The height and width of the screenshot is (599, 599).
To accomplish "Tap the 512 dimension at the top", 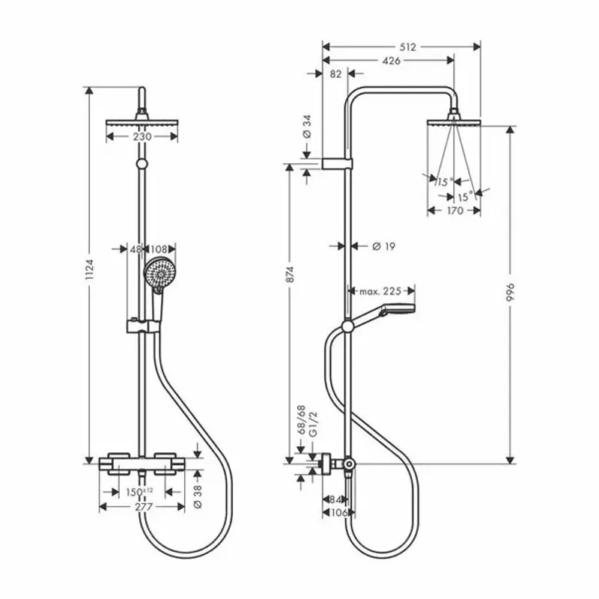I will point(407,46).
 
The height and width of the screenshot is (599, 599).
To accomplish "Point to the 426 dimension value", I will point(390,61).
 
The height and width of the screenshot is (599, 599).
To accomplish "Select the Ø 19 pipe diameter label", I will point(383,246).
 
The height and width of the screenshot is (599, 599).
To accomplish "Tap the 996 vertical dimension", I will point(511,294).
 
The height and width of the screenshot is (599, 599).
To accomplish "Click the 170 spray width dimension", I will point(454,210).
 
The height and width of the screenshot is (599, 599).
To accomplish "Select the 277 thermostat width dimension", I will point(142,507).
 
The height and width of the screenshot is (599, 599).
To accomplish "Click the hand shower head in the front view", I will point(158,271).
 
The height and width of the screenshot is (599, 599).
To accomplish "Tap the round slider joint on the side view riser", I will point(347,326).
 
